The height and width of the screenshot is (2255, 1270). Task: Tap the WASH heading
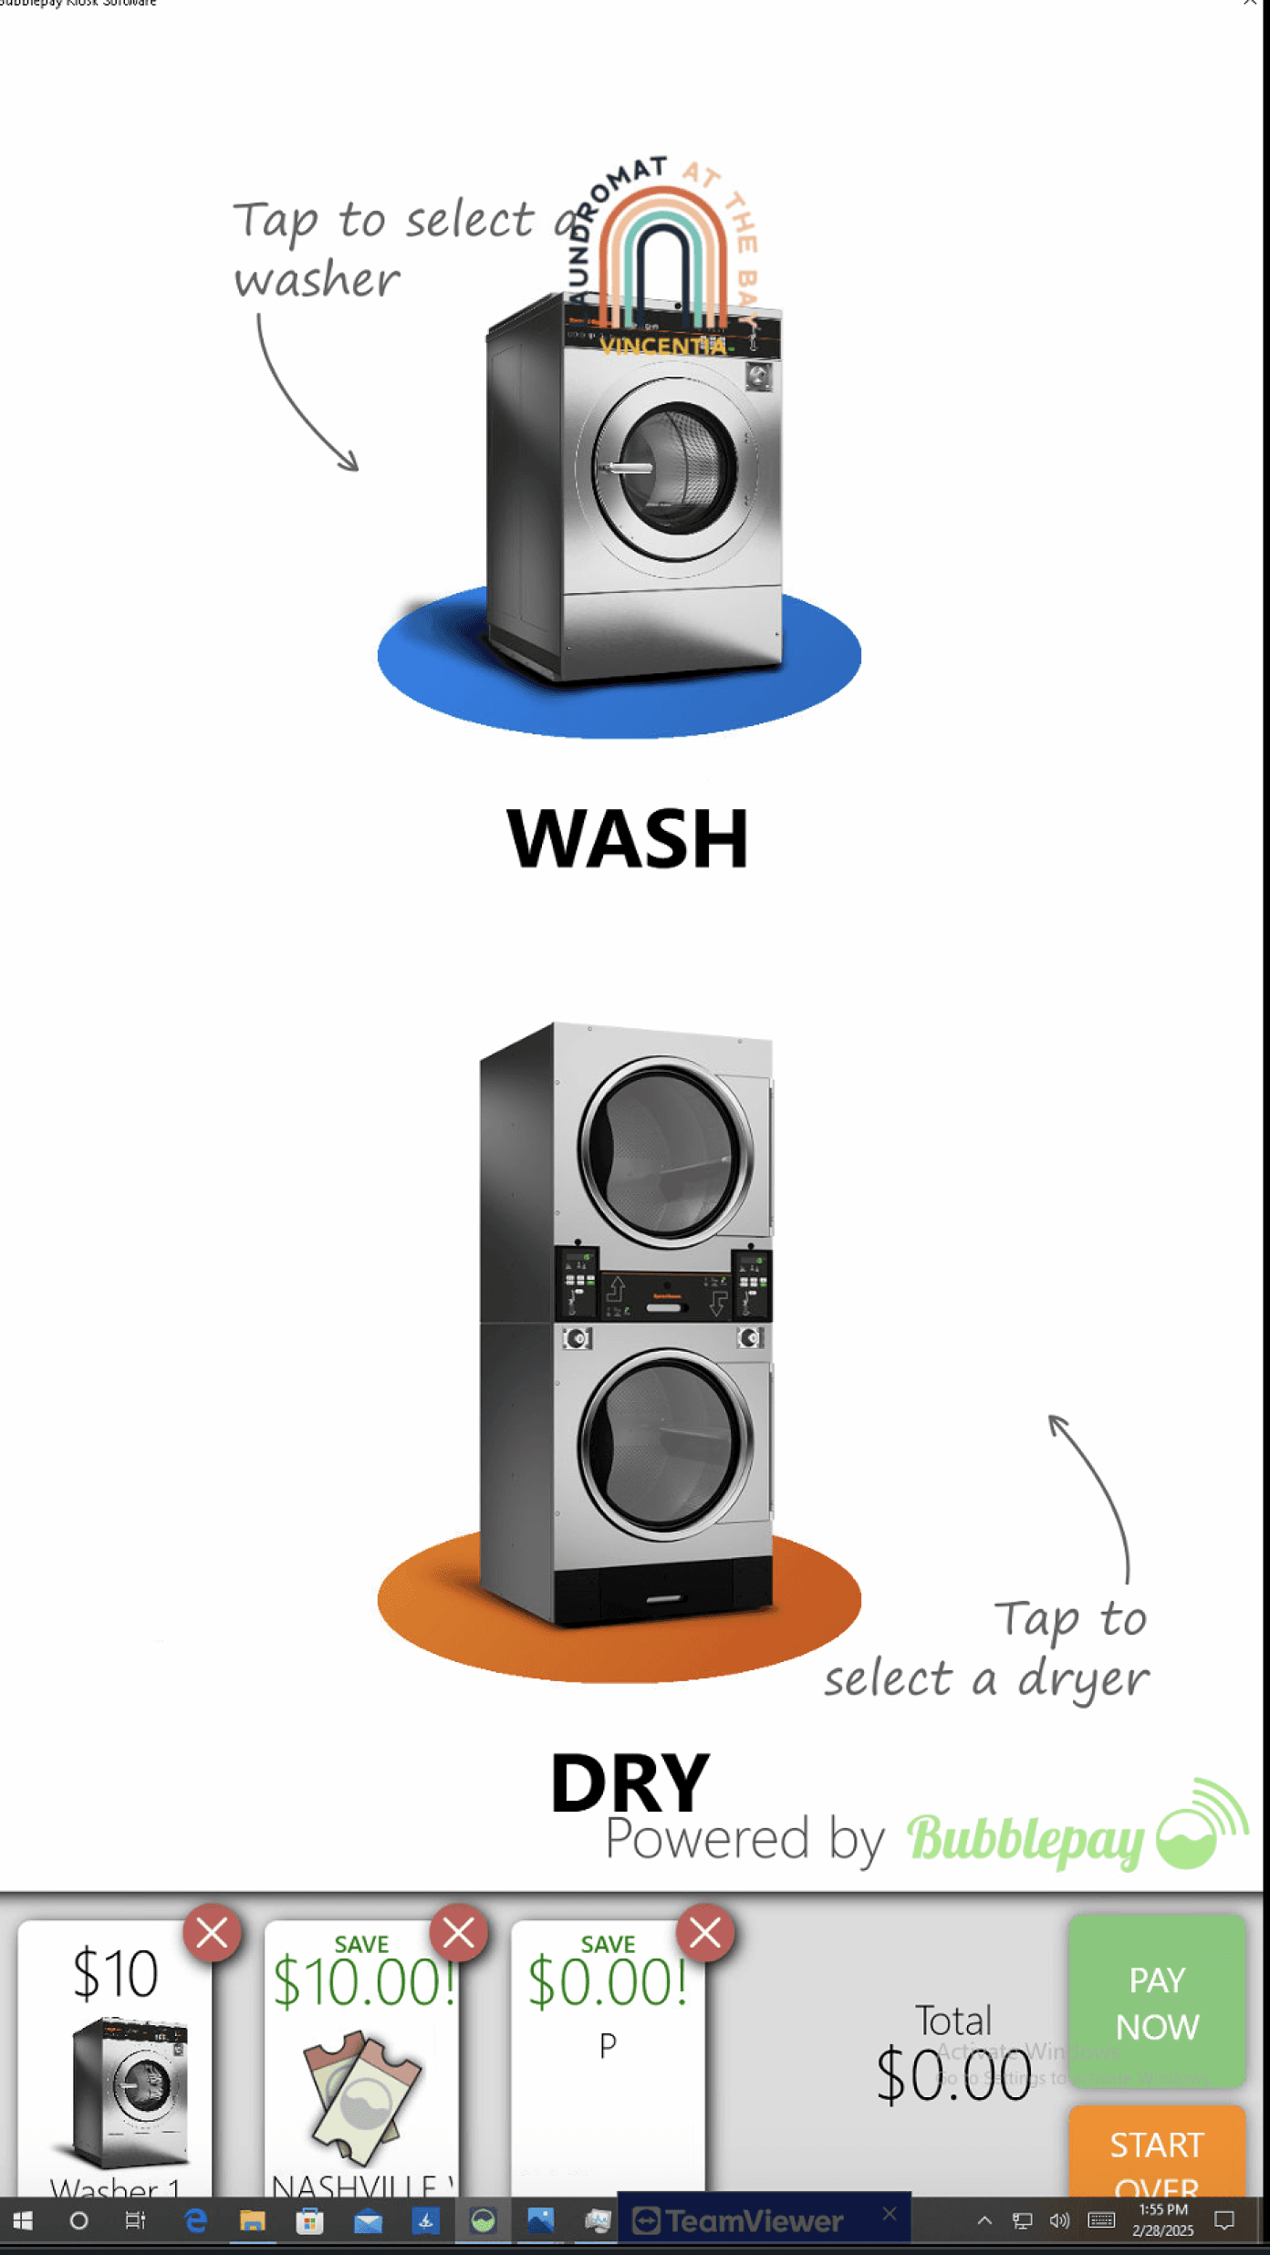click(628, 838)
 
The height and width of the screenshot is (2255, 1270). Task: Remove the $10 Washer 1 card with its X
click(212, 1933)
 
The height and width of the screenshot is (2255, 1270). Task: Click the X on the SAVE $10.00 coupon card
click(458, 1933)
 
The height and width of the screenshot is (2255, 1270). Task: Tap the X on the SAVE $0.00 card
click(704, 1933)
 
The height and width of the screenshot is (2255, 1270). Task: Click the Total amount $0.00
click(953, 2073)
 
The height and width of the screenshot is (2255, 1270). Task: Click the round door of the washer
click(677, 470)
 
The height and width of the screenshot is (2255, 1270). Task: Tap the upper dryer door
click(666, 1150)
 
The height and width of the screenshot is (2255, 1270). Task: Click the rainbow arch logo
click(663, 255)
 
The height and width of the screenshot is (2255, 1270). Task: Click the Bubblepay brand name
click(1025, 1840)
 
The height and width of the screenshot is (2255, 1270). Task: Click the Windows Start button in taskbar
click(23, 2221)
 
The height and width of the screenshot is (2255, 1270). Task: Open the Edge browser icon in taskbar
click(195, 2221)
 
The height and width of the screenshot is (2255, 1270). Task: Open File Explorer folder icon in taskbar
click(252, 2221)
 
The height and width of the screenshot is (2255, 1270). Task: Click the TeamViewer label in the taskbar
click(753, 2221)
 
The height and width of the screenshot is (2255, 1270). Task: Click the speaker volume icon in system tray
click(1058, 2221)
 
